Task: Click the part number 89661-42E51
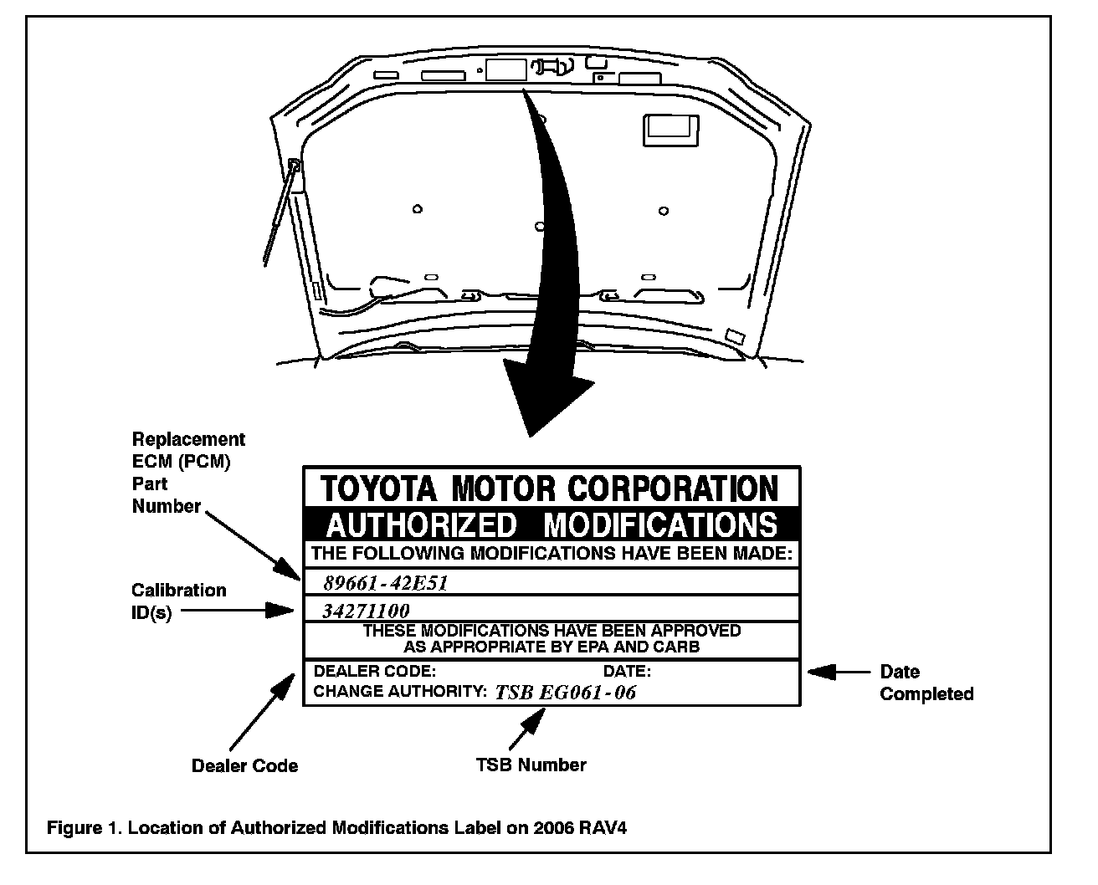[x=386, y=583]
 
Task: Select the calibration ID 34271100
[x=366, y=611]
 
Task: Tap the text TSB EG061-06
[x=565, y=692]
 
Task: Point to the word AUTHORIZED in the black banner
[x=421, y=525]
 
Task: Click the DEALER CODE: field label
[x=374, y=671]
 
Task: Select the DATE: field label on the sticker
[x=627, y=671]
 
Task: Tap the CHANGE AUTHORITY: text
[x=399, y=692]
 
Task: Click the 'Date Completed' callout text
[x=926, y=683]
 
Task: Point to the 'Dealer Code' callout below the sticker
[x=244, y=765]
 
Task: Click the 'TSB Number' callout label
[x=531, y=765]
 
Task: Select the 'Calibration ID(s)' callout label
[x=178, y=601]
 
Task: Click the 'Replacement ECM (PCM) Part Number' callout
[x=188, y=473]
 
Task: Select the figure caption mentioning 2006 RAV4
[x=336, y=828]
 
